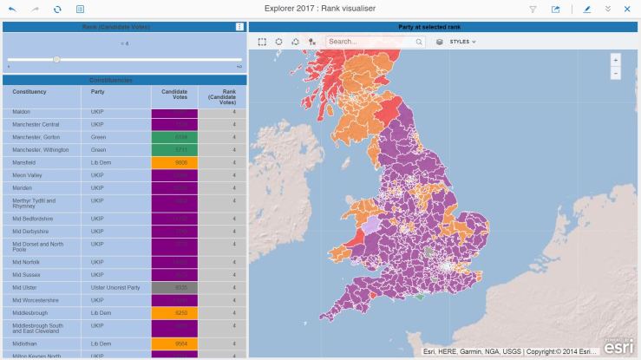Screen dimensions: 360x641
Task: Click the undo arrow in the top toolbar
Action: (12, 9)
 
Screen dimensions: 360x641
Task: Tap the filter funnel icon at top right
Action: (533, 9)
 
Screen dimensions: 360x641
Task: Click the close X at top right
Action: (627, 9)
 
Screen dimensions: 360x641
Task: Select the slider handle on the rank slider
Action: (56, 59)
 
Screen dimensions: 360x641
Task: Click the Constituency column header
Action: (30, 91)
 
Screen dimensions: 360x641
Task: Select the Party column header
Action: (99, 91)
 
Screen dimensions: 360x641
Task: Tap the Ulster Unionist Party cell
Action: (116, 286)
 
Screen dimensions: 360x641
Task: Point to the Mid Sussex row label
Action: (26, 274)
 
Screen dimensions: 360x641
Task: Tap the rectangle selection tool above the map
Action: (263, 41)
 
